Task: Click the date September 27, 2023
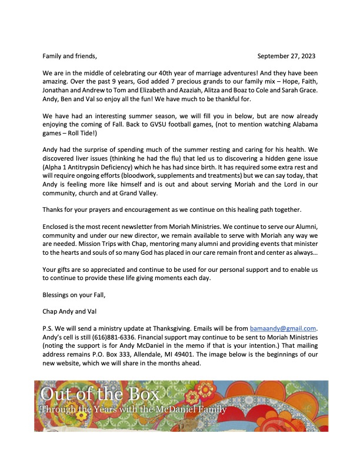click(286, 56)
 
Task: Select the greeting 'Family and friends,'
click(69, 56)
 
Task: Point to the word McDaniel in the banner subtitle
click(172, 410)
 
